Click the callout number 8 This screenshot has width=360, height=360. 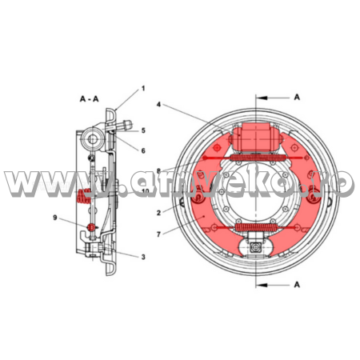coord(160,170)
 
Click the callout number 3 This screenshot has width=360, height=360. coord(142,256)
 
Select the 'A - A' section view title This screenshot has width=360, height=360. coord(90,98)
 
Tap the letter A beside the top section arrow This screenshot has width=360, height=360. coord(296,96)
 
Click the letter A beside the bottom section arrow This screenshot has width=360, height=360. coord(296,283)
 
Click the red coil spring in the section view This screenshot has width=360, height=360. coord(82,194)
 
